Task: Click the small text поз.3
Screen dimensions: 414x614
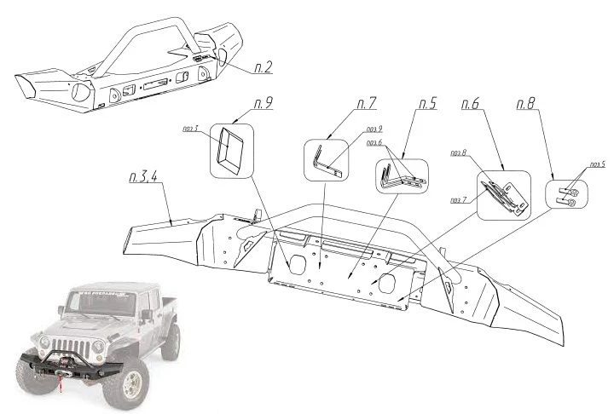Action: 191,129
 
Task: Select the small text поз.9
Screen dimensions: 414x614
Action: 374,129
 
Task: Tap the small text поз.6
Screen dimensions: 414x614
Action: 374,142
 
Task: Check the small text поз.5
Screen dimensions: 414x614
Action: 597,164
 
